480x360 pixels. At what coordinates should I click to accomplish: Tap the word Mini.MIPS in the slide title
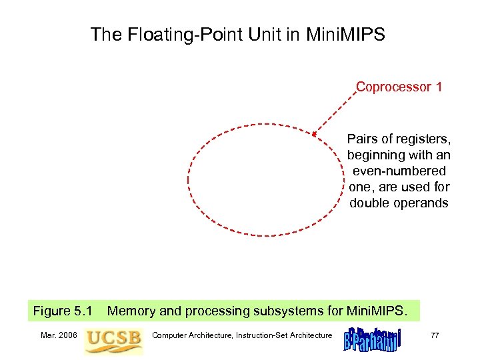345,35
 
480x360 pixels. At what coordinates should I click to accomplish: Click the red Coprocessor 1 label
399,87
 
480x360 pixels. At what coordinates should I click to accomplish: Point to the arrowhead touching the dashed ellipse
315,134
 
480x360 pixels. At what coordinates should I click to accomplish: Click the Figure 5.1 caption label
62,311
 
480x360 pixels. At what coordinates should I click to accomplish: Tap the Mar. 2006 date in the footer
58,335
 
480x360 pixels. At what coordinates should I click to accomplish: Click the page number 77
435,335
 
